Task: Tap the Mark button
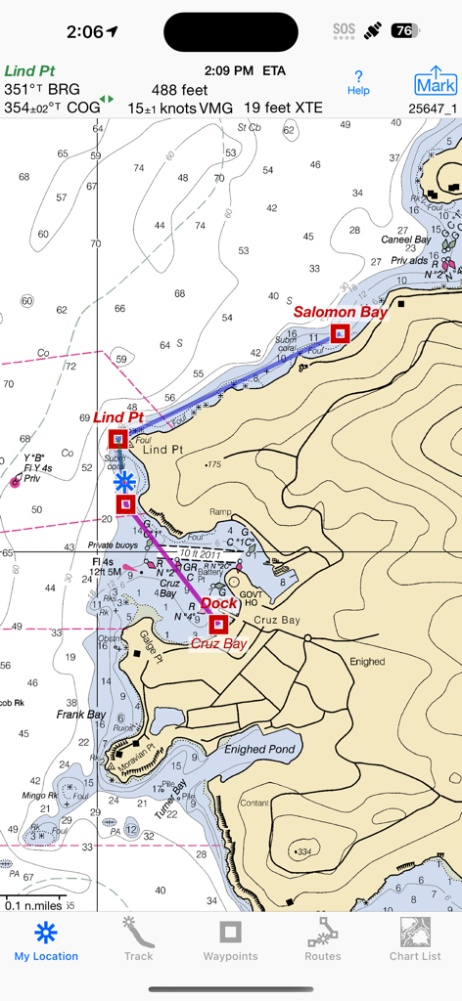point(436,82)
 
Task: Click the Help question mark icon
point(358,82)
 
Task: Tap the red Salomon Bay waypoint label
point(341,312)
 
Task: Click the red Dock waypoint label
point(218,604)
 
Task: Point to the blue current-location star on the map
point(124,481)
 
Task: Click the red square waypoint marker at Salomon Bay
point(340,333)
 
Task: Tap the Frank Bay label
point(80,715)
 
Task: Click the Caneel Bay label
point(406,239)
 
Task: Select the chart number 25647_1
point(432,109)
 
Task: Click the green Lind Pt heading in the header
point(30,71)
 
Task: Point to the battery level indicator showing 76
point(404,31)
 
